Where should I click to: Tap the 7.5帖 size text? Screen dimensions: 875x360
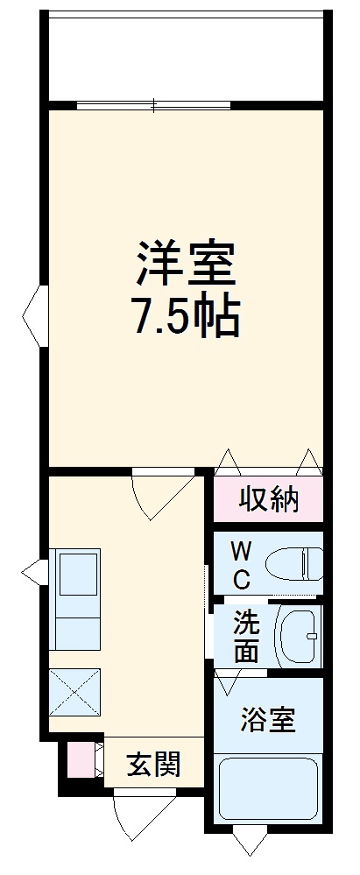(x=185, y=320)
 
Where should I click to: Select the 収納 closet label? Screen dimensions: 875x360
(x=269, y=500)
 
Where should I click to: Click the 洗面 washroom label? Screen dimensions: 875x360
(x=245, y=639)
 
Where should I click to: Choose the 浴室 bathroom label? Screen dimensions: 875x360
(x=268, y=720)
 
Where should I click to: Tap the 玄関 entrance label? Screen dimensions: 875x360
(x=153, y=765)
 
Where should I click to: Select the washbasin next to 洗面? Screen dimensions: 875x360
(x=299, y=637)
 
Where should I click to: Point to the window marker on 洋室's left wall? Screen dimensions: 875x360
(x=33, y=314)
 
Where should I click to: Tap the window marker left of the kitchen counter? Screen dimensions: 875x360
(x=34, y=574)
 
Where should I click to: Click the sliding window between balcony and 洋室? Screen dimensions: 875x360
(x=154, y=106)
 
